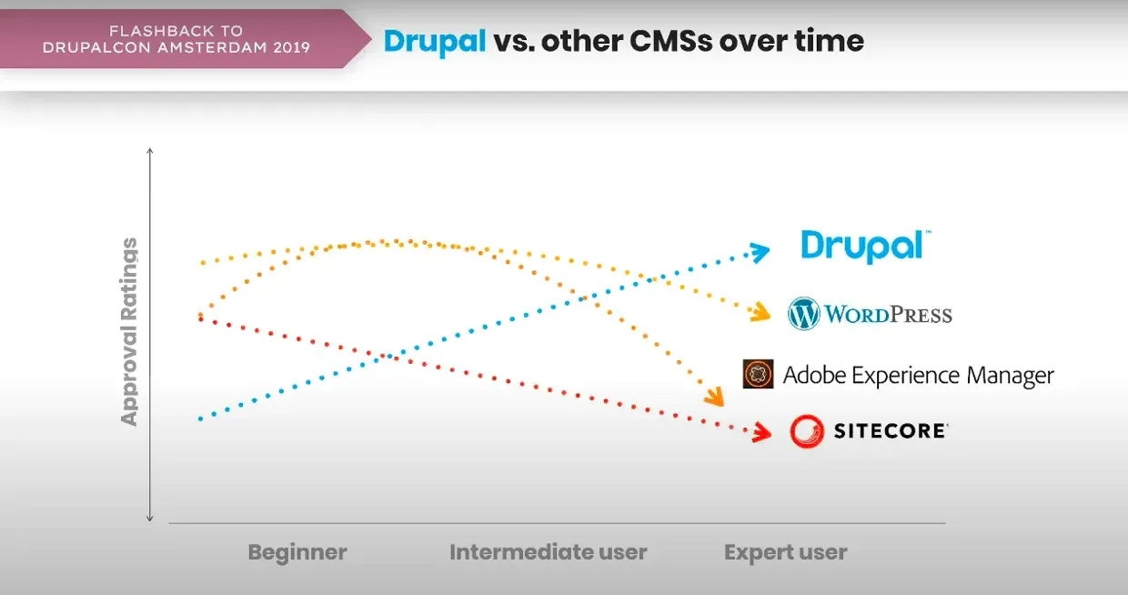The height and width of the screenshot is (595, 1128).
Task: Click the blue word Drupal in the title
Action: (435, 41)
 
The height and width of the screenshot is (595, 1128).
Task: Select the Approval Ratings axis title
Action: (129, 332)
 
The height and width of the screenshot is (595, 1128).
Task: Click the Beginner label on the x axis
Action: (297, 552)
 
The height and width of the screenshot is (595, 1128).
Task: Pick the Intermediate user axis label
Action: (548, 552)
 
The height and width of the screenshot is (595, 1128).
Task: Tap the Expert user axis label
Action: (785, 552)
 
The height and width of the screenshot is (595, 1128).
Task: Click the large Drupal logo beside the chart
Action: (864, 245)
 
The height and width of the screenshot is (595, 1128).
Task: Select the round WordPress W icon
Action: (804, 314)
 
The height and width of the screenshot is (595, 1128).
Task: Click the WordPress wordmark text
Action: (888, 315)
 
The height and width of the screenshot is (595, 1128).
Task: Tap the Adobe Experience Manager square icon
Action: (758, 374)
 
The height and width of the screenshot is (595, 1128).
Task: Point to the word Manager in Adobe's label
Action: (1010, 375)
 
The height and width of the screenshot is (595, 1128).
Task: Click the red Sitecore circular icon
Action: (806, 431)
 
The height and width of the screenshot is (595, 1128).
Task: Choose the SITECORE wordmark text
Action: (890, 431)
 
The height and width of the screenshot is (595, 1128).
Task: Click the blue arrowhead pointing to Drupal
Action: (759, 252)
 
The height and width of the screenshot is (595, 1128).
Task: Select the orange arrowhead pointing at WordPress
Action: (759, 314)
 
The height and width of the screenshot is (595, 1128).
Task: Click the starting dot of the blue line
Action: (200, 418)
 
